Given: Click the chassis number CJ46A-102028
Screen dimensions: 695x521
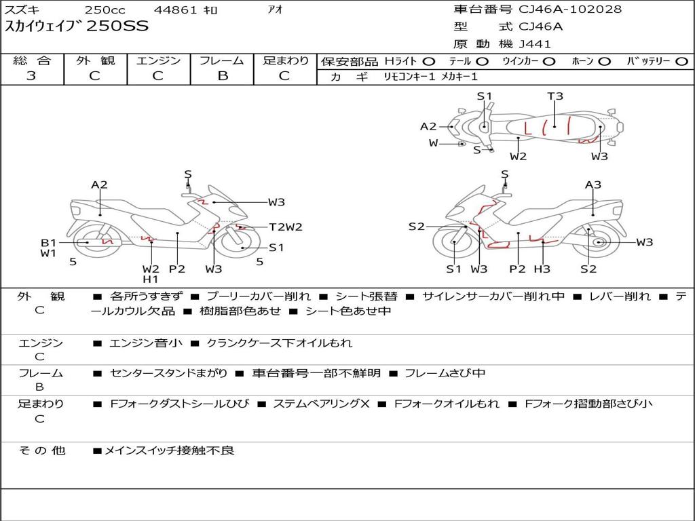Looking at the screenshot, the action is click(570, 9).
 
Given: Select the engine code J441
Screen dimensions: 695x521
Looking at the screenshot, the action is click(535, 44).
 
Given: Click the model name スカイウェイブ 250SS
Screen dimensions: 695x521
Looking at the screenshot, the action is click(76, 26).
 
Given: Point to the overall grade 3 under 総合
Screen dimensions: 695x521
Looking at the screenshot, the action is click(31, 76).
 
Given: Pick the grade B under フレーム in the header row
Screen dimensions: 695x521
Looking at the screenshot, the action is click(223, 76).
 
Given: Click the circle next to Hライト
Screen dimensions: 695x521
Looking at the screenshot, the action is click(429, 62).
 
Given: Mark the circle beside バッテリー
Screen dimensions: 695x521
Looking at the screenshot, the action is click(681, 62).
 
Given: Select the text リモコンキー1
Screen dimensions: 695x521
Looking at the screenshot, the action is click(409, 77).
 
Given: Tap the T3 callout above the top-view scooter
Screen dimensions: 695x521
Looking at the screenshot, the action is click(555, 96).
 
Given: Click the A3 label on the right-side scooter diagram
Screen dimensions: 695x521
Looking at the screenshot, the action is click(593, 185).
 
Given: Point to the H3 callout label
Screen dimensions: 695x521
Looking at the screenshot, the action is click(542, 269).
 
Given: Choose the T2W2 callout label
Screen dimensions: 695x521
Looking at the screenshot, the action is click(286, 227).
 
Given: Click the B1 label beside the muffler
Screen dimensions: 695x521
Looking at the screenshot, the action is click(48, 243).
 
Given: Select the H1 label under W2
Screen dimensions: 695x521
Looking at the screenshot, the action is click(150, 279).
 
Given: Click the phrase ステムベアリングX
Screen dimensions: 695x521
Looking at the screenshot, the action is click(321, 404).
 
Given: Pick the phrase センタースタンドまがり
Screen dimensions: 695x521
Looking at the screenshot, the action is click(168, 374).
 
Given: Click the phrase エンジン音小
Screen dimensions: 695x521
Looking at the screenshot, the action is click(145, 343).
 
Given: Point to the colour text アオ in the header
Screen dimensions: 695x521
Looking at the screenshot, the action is click(276, 9).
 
